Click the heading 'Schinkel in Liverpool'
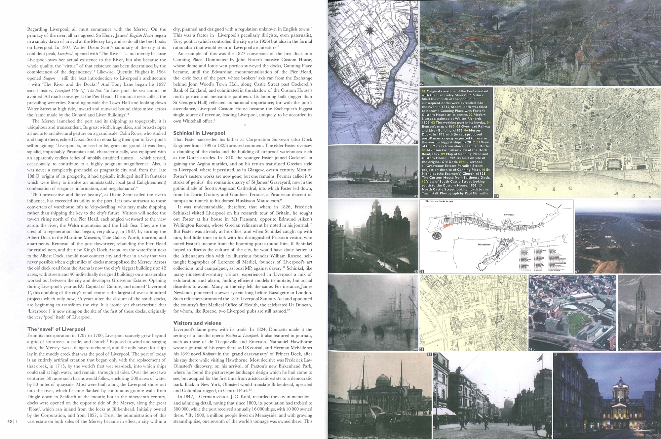point(199,133)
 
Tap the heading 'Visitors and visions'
point(197,323)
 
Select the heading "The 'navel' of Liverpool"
point(56,329)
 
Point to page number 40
point(10,421)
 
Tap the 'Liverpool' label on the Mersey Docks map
point(509,214)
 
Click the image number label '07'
point(577,272)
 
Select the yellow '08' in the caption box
point(424,150)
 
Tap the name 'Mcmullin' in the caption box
point(480,193)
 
